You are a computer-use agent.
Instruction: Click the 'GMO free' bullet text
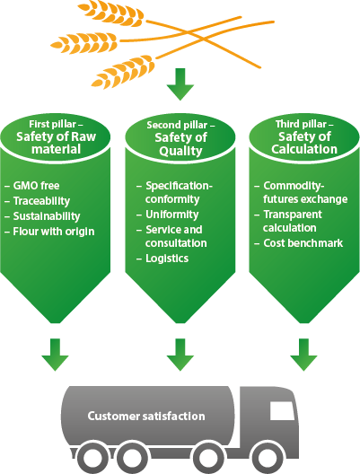click(x=36, y=186)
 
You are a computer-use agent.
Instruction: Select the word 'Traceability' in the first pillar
click(x=41, y=201)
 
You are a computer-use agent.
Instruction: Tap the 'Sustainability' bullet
click(x=47, y=216)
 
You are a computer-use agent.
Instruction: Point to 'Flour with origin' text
click(x=54, y=232)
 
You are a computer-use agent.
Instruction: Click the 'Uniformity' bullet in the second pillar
click(x=172, y=215)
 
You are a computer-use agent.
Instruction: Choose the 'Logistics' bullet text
click(x=167, y=259)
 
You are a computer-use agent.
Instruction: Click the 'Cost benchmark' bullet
click(x=303, y=243)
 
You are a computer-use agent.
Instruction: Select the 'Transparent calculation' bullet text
click(x=293, y=221)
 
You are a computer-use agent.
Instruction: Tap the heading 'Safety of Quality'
click(x=180, y=145)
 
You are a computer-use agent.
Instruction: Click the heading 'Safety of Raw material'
click(x=57, y=143)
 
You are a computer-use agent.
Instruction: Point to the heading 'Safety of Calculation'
click(x=304, y=143)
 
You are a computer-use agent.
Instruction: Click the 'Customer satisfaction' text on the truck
click(x=146, y=417)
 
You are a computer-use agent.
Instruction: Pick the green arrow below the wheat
click(x=180, y=84)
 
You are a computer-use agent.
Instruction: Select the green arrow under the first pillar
click(x=55, y=355)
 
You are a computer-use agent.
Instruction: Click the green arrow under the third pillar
click(x=303, y=355)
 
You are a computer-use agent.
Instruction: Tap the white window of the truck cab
click(x=282, y=411)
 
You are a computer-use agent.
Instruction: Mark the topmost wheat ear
click(x=111, y=13)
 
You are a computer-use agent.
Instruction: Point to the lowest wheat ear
click(x=123, y=72)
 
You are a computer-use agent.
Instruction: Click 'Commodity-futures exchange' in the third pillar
click(x=305, y=192)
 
